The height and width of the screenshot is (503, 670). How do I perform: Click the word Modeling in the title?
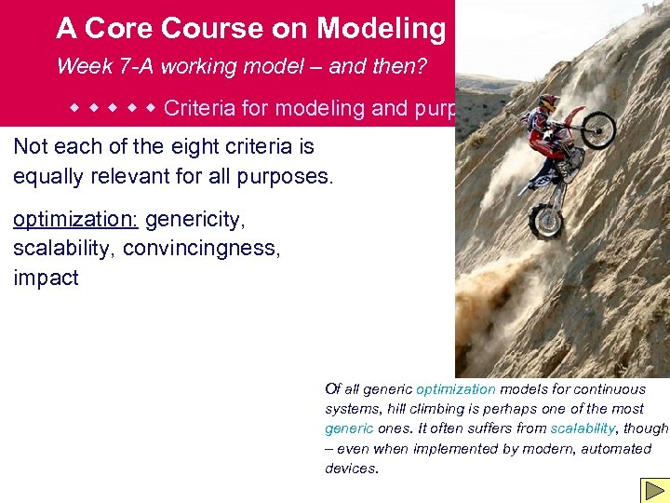pos(382,29)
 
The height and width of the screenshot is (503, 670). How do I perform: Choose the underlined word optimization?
pos(74,220)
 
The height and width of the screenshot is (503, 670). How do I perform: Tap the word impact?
pos(46,278)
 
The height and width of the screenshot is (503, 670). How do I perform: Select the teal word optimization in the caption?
pos(456,389)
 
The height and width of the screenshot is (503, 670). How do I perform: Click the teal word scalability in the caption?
pos(582,428)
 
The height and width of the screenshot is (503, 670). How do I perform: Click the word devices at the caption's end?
pos(350,468)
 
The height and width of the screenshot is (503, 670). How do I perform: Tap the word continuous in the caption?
pos(610,389)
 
